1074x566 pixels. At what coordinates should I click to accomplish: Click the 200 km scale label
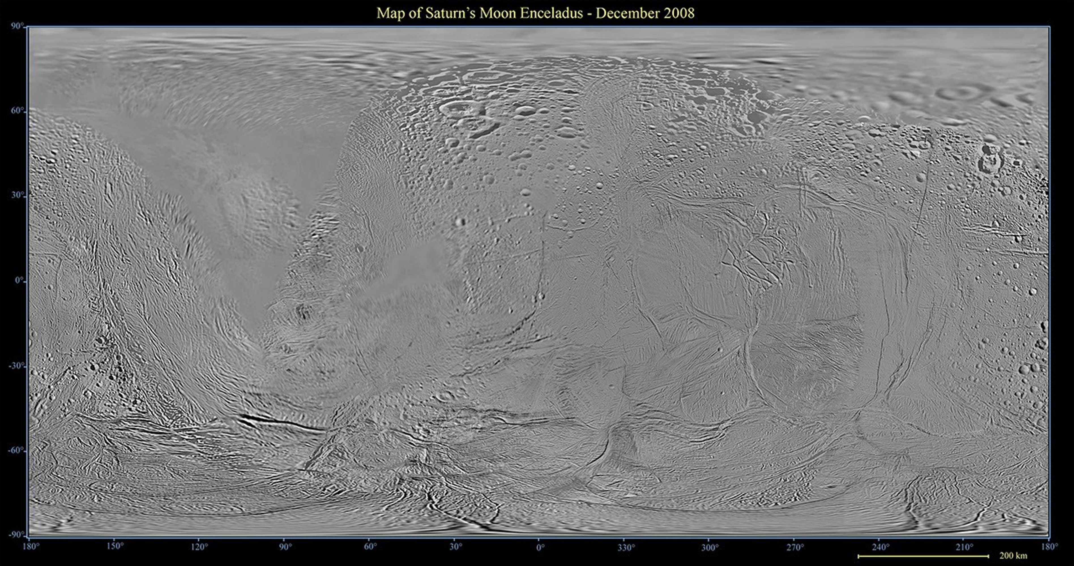click(1013, 556)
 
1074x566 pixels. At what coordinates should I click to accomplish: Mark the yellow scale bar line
click(923, 556)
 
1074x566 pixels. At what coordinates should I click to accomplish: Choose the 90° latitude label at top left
click(17, 27)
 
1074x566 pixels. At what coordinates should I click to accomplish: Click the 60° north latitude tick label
click(17, 111)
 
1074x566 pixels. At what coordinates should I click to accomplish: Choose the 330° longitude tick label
click(626, 546)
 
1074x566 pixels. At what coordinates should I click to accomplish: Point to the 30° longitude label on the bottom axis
click(455, 546)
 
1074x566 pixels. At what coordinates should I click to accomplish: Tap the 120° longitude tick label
click(200, 546)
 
